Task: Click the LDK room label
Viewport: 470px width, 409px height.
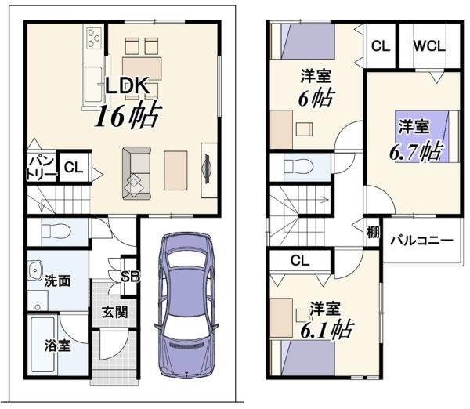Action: click(127, 86)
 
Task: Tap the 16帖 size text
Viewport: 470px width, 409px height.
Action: click(126, 116)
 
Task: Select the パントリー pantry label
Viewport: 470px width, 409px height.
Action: click(42, 168)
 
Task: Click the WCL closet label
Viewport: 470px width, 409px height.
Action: click(429, 46)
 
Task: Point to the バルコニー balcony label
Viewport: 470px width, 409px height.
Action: click(421, 241)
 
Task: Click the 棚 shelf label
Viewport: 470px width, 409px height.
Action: click(373, 232)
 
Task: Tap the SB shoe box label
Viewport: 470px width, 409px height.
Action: click(130, 277)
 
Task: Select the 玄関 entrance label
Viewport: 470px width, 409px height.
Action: click(115, 312)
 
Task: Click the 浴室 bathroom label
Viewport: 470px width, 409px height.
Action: click(57, 345)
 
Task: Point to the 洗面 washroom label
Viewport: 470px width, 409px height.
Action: click(57, 281)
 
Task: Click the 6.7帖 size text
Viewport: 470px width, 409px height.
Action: click(416, 151)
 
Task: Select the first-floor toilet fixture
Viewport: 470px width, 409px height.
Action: click(56, 232)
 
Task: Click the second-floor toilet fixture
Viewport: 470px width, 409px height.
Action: click(298, 166)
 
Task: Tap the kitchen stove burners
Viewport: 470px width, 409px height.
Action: click(93, 38)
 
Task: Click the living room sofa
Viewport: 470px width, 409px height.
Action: click(136, 173)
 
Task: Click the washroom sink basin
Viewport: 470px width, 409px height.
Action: click(35, 270)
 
